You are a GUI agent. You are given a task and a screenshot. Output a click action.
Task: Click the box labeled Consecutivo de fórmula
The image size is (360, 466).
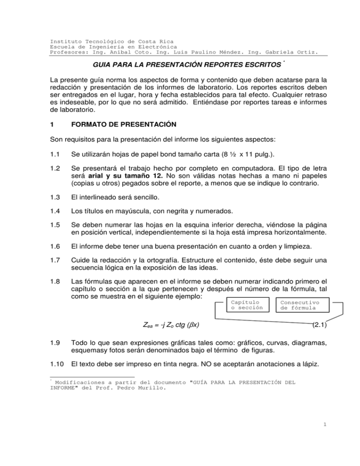click(300, 306)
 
